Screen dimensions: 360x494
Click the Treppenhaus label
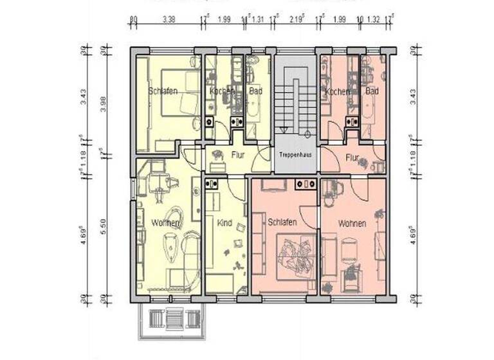(x=297, y=156)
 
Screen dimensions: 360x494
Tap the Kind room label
(x=224, y=223)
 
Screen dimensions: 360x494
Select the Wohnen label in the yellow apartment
(x=165, y=223)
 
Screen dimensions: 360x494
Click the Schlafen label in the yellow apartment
(x=162, y=91)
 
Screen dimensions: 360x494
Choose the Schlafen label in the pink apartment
(x=282, y=222)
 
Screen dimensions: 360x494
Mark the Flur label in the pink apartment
(x=352, y=156)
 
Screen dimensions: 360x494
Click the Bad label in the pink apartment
(x=372, y=92)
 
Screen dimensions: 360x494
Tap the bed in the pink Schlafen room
(x=295, y=255)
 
